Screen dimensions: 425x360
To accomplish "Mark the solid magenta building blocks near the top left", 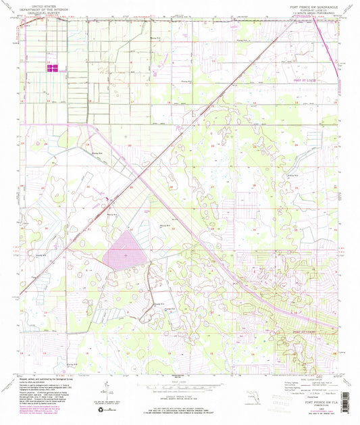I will click(53, 68).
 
